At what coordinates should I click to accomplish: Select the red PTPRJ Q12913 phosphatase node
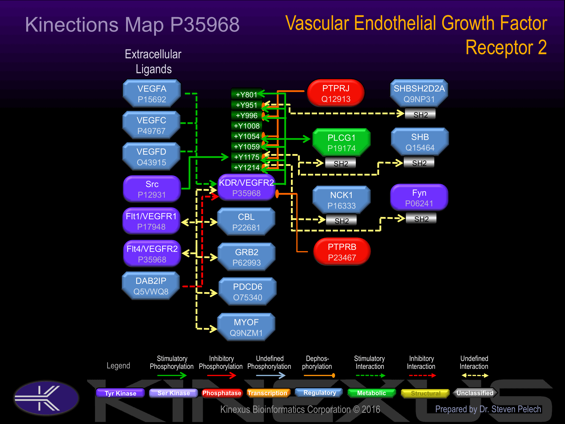pos(336,93)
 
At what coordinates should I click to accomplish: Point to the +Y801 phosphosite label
pos(246,95)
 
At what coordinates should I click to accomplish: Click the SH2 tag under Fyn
pos(421,219)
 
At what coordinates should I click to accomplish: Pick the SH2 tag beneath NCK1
pos(342,221)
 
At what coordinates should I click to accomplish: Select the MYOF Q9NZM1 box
pos(246,327)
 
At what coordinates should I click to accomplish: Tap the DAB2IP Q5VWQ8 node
pos(151,286)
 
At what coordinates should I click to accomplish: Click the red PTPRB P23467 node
pos(342,252)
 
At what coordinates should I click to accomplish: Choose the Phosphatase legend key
pos(221,393)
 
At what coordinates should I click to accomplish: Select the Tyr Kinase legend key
pos(120,393)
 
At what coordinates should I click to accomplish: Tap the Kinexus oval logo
pos(46,398)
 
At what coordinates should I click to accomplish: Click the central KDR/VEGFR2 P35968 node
pos(246,188)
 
